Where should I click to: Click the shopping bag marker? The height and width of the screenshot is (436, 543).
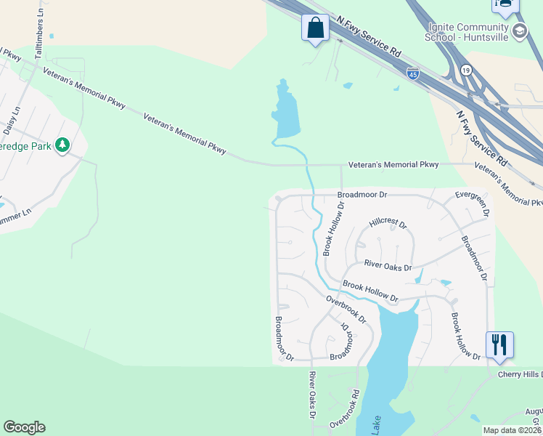click(315, 28)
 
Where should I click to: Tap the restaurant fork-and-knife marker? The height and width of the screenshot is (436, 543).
click(499, 344)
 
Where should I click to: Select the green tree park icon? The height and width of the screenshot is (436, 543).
click(64, 145)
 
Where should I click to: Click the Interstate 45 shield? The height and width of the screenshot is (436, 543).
click(412, 73)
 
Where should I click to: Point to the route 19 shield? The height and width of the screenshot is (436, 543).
click(465, 70)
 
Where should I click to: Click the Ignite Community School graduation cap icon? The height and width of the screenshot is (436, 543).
click(520, 31)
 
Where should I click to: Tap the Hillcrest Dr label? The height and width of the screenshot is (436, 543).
click(388, 222)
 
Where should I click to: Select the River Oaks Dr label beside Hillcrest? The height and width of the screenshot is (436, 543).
click(388, 265)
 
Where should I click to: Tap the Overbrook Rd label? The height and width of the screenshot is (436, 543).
click(344, 409)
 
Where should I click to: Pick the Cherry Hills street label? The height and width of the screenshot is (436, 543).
click(520, 374)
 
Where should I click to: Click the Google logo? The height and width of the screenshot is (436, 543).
click(24, 427)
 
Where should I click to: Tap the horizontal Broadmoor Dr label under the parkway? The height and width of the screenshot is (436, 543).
click(362, 195)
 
